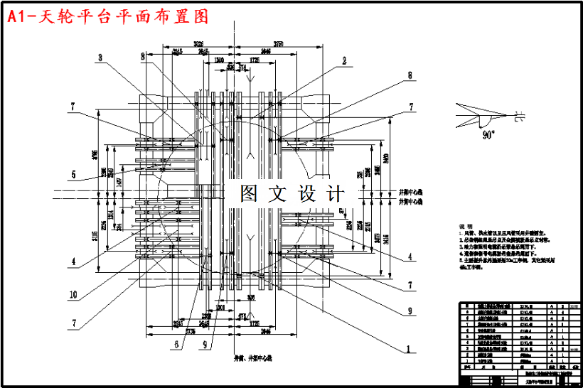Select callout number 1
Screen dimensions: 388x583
(x=408, y=350)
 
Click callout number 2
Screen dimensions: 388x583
(x=343, y=61)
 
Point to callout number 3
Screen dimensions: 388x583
(x=100, y=58)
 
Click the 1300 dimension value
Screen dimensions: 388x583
(x=222, y=60)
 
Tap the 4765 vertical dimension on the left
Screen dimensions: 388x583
(x=95, y=155)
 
